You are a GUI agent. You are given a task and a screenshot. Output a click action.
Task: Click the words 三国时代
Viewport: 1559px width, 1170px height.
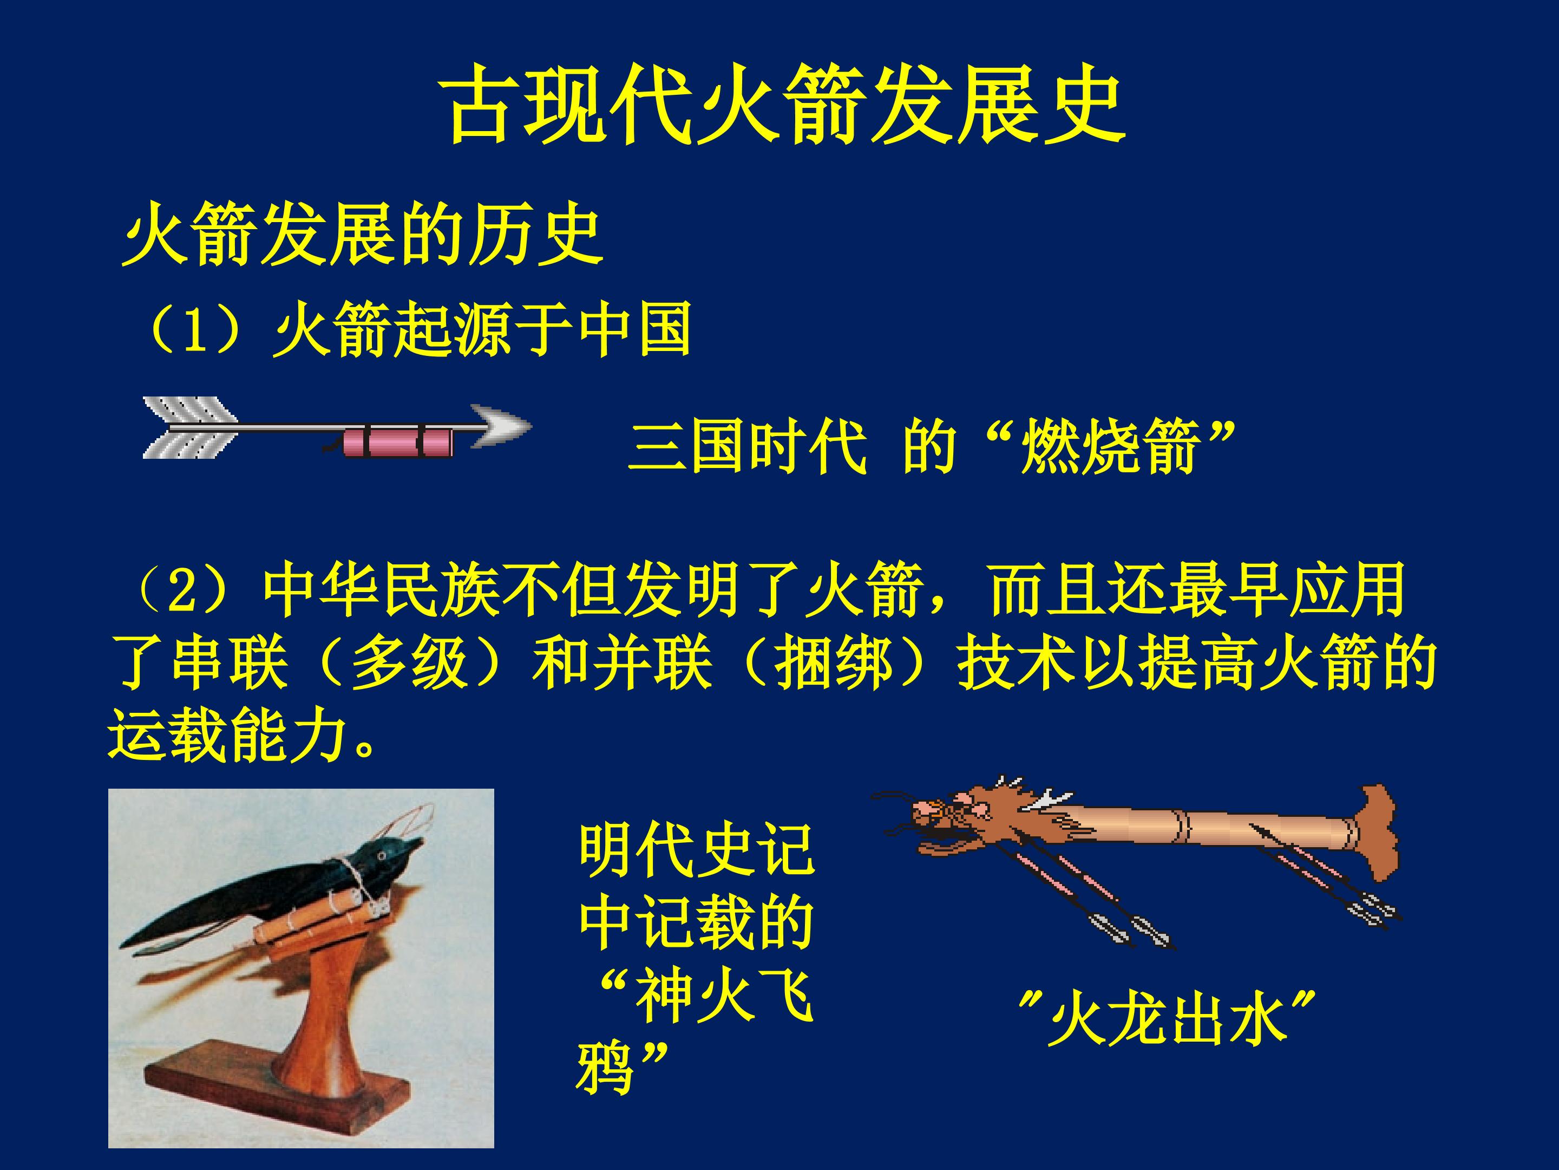click(x=747, y=448)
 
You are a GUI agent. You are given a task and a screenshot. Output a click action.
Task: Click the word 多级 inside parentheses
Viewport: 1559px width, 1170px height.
click(x=409, y=663)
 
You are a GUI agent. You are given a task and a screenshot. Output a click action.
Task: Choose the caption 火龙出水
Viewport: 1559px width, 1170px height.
click(x=1167, y=1022)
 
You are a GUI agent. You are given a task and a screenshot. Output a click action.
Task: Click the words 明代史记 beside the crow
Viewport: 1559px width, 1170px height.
click(x=696, y=853)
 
